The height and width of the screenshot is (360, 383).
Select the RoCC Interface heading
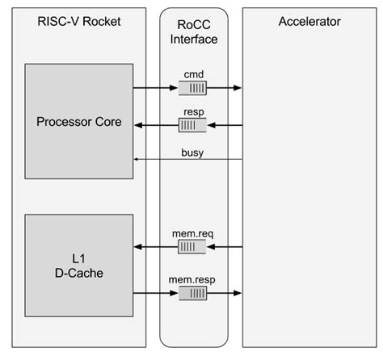click(192, 31)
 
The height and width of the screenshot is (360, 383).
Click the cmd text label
click(192, 75)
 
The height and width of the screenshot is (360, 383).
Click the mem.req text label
click(192, 235)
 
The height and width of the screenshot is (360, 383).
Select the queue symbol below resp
click(192, 125)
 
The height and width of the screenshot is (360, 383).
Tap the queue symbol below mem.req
click(192, 247)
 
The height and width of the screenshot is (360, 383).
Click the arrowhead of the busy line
click(137, 160)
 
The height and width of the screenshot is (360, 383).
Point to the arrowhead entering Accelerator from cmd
click(238, 87)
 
